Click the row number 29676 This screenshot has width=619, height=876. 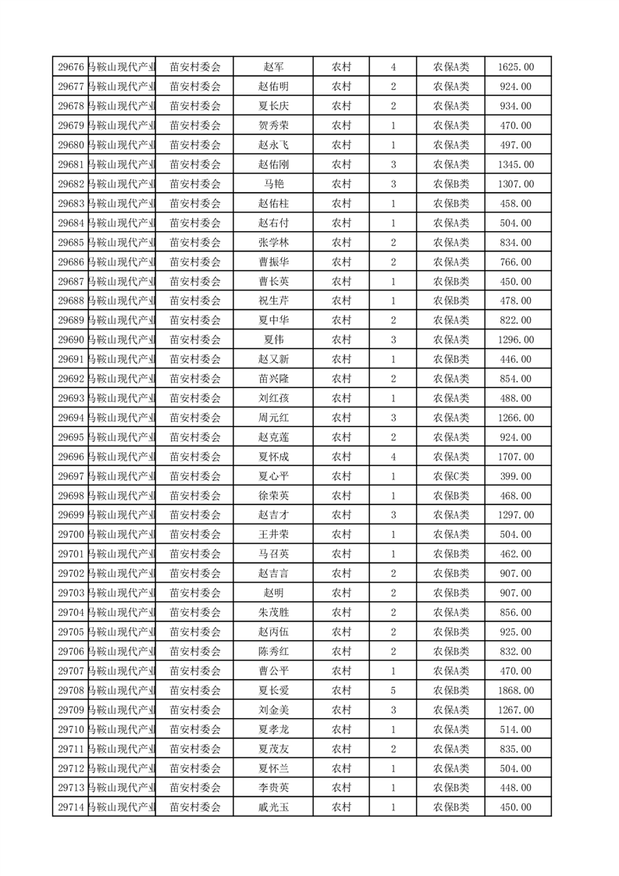71,67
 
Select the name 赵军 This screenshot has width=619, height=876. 273,67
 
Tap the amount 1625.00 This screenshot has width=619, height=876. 515,67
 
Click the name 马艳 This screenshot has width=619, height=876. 273,184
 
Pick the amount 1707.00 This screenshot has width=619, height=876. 515,457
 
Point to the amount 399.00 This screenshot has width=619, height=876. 515,476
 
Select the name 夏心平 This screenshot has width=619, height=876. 273,476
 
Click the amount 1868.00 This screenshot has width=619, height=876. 515,690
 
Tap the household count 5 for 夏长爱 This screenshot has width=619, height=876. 393,690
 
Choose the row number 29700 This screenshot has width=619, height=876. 71,535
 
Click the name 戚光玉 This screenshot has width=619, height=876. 273,807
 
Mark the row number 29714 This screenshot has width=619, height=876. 71,807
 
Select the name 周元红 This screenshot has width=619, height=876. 273,418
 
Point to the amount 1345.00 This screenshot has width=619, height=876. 515,165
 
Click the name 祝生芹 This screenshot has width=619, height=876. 273,301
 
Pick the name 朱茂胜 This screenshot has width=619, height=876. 273,612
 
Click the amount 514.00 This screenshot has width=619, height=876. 515,729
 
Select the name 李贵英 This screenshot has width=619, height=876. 273,788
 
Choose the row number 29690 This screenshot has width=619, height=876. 71,340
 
